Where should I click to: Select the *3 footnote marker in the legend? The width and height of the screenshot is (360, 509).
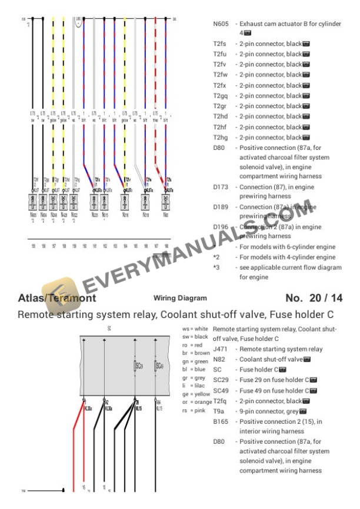pos(216,267)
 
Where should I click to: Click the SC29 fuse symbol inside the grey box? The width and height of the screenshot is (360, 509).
pos(136,367)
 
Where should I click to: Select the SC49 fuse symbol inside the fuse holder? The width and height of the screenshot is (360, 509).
pos(156,367)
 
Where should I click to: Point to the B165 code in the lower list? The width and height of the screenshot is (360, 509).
pos(221,421)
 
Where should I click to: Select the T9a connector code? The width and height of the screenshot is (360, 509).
pos(219,411)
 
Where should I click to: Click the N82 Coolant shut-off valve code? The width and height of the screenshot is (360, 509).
pos(219,359)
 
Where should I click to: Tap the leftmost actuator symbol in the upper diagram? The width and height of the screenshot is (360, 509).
pos(34,202)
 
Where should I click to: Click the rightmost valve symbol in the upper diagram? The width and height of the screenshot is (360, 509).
pos(168,202)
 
